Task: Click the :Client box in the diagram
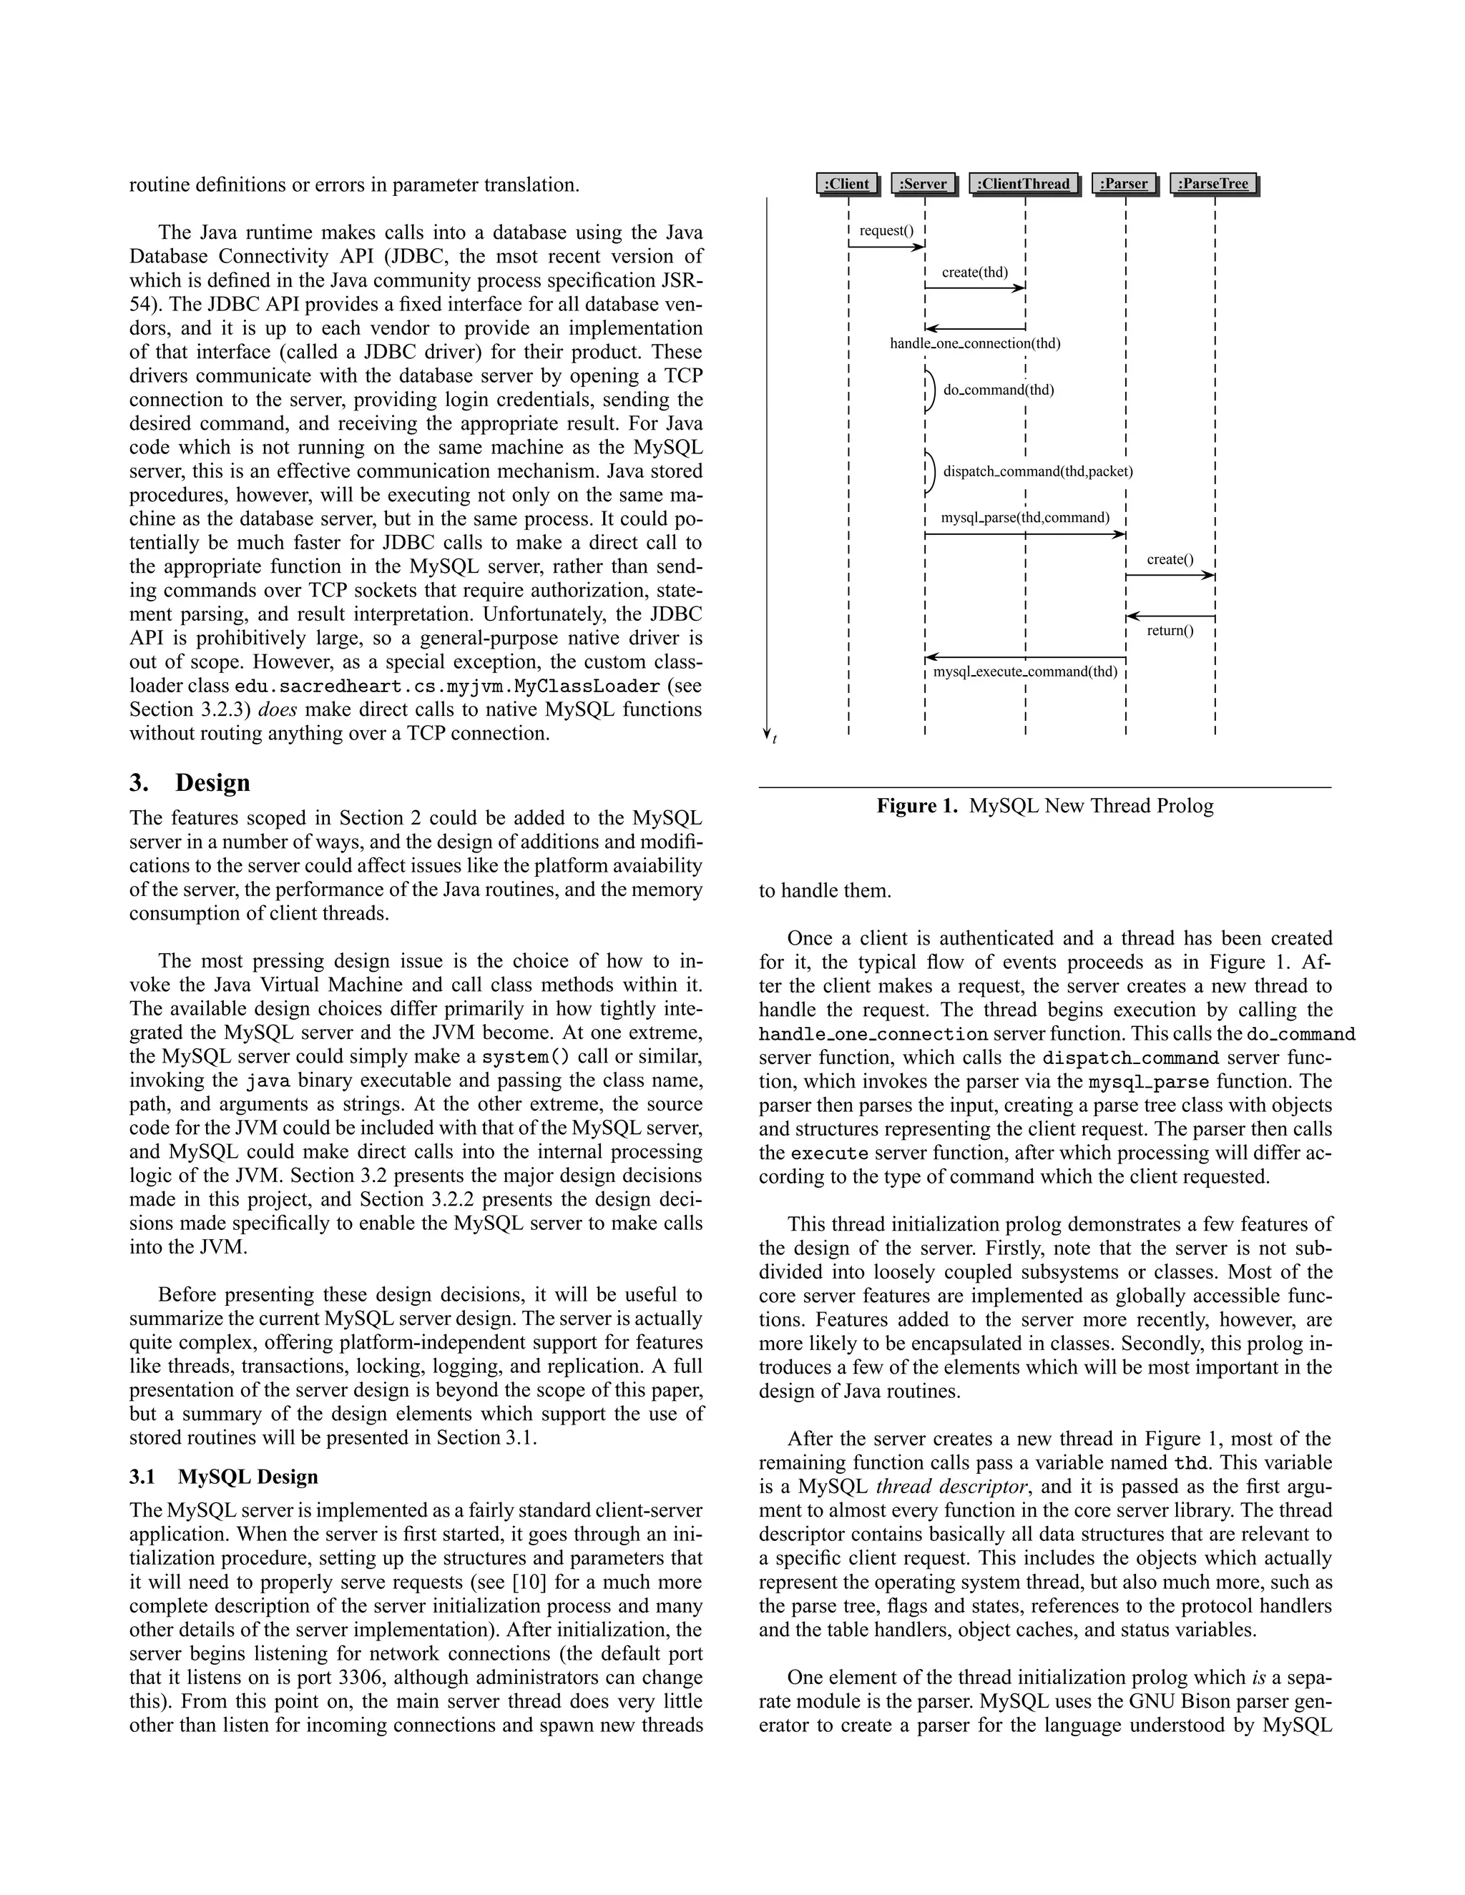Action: pos(846,184)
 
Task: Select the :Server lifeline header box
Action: pos(923,184)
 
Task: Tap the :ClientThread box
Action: pos(1024,184)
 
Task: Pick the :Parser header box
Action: pos(1124,184)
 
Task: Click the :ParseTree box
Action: pos(1213,184)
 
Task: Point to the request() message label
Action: pos(886,231)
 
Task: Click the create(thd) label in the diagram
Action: pos(975,272)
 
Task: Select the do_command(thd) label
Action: pos(998,390)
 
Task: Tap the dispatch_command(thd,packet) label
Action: pos(1037,472)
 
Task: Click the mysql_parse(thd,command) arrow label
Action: pos(1025,518)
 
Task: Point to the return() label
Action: pos(1170,631)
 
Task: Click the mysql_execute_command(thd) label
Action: pos(1025,671)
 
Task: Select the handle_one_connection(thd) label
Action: pos(975,343)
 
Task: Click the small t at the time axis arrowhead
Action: pos(775,739)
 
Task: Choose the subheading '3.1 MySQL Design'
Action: pos(223,1477)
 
